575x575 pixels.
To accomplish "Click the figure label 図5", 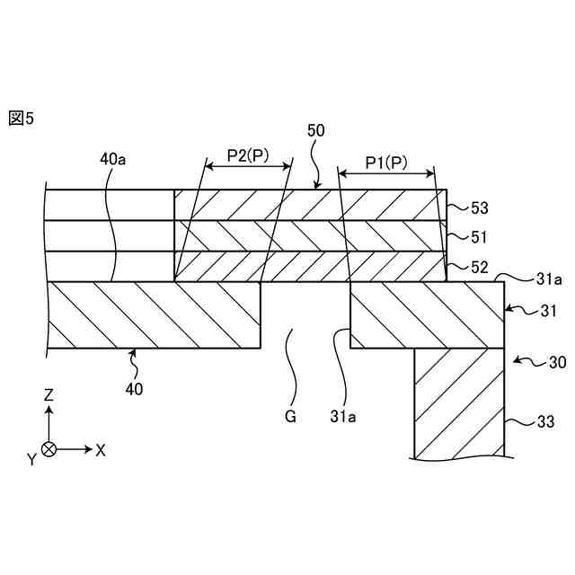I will [21, 118].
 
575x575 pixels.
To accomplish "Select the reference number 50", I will [315, 130].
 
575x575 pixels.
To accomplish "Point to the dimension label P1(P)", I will [387, 163].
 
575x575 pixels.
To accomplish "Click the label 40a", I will [113, 160].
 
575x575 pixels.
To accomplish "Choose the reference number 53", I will [481, 208].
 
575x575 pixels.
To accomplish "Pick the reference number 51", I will [481, 237].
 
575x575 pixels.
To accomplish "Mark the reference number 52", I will [481, 267].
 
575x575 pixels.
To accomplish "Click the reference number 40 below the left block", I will [134, 389].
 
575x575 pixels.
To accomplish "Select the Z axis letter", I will [49, 394].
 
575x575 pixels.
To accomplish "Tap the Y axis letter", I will [31, 459].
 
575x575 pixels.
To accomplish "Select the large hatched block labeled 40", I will [153, 314].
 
